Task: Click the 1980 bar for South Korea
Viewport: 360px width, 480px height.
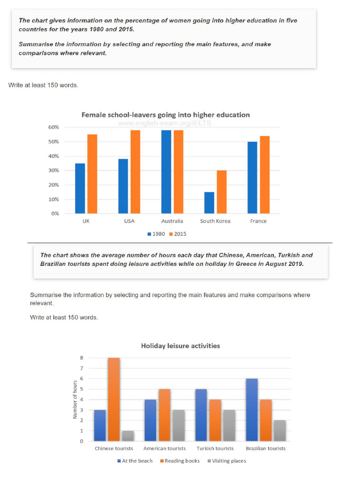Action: [x=210, y=202]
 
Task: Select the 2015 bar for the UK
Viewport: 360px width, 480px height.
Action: [x=92, y=174]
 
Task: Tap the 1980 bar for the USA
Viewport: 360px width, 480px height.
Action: [x=123, y=186]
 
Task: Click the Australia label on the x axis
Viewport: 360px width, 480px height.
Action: [x=172, y=221]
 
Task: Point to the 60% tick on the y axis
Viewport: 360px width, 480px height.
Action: [x=53, y=127]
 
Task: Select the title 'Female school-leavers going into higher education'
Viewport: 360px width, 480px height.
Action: [x=165, y=115]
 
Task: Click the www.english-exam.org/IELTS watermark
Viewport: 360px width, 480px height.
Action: [x=165, y=123]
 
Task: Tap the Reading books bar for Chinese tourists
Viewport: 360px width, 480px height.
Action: [x=114, y=399]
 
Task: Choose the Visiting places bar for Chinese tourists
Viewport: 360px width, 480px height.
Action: [x=127, y=436]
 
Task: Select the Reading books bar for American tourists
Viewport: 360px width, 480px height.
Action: [x=165, y=415]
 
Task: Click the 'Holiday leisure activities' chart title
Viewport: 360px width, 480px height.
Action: [x=180, y=346]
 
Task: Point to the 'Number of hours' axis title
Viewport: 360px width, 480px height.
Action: [x=75, y=399]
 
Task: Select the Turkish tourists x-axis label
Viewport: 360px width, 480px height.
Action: [x=214, y=449]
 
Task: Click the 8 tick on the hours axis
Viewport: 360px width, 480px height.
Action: [x=82, y=358]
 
